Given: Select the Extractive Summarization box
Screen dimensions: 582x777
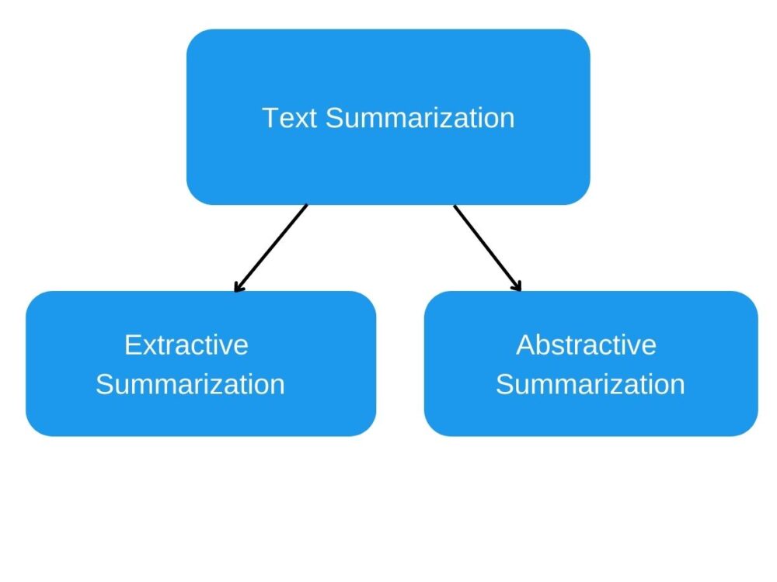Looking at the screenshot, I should click(200, 411).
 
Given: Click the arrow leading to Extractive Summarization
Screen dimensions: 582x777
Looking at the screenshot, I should click(272, 247).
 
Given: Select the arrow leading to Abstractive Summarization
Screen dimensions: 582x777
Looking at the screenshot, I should click(486, 247).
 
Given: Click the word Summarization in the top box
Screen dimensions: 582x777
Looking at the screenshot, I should click(420, 118).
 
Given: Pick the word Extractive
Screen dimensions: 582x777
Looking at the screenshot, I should click(186, 345).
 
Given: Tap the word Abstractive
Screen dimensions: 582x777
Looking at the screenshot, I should click(587, 345).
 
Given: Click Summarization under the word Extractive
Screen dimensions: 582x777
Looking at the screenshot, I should click(190, 384).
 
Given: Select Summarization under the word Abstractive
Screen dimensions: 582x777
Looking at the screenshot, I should click(591, 384).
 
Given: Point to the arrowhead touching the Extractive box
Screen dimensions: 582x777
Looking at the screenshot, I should click(237, 288).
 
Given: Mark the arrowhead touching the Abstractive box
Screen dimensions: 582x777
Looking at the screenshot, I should click(517, 287).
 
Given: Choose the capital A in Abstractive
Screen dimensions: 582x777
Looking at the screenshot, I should click(526, 345).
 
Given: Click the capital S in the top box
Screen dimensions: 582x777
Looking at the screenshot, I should click(334, 118).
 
